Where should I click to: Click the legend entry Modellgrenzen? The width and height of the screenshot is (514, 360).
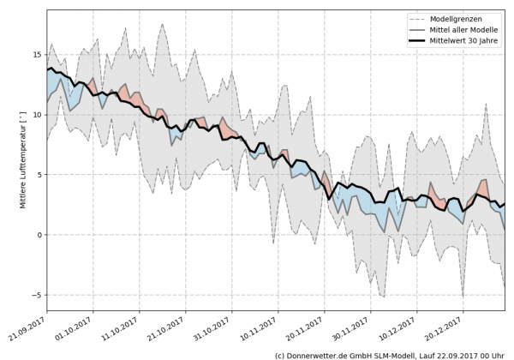(x=457, y=19)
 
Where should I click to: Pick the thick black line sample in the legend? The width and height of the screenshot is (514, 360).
(x=418, y=41)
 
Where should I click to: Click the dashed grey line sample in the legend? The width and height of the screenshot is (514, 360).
(x=418, y=19)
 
